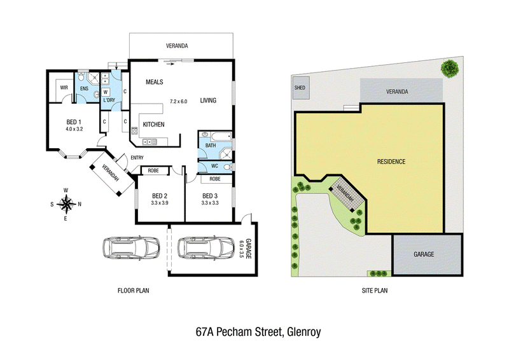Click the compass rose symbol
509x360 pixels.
tap(66, 204)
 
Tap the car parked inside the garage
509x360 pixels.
tap(206, 247)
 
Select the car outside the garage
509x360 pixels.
tap(131, 247)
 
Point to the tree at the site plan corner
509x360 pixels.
tap(450, 69)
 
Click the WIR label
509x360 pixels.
tap(64, 88)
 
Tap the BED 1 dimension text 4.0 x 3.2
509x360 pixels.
tap(74, 129)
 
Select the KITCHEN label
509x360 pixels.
tap(153, 124)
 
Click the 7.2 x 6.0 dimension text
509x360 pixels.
tap(179, 101)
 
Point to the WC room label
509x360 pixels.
tap(214, 166)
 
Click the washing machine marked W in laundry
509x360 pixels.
tap(106, 92)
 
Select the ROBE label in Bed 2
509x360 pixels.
tap(153, 170)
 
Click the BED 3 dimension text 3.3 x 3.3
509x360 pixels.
tap(210, 203)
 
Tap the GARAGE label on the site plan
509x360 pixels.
tap(424, 254)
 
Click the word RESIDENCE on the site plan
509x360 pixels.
tap(391, 162)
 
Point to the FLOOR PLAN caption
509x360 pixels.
tap(133, 291)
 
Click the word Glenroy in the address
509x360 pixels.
tap(304, 332)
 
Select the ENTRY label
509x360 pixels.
tap(137, 158)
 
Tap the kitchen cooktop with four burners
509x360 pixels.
tap(134, 131)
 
